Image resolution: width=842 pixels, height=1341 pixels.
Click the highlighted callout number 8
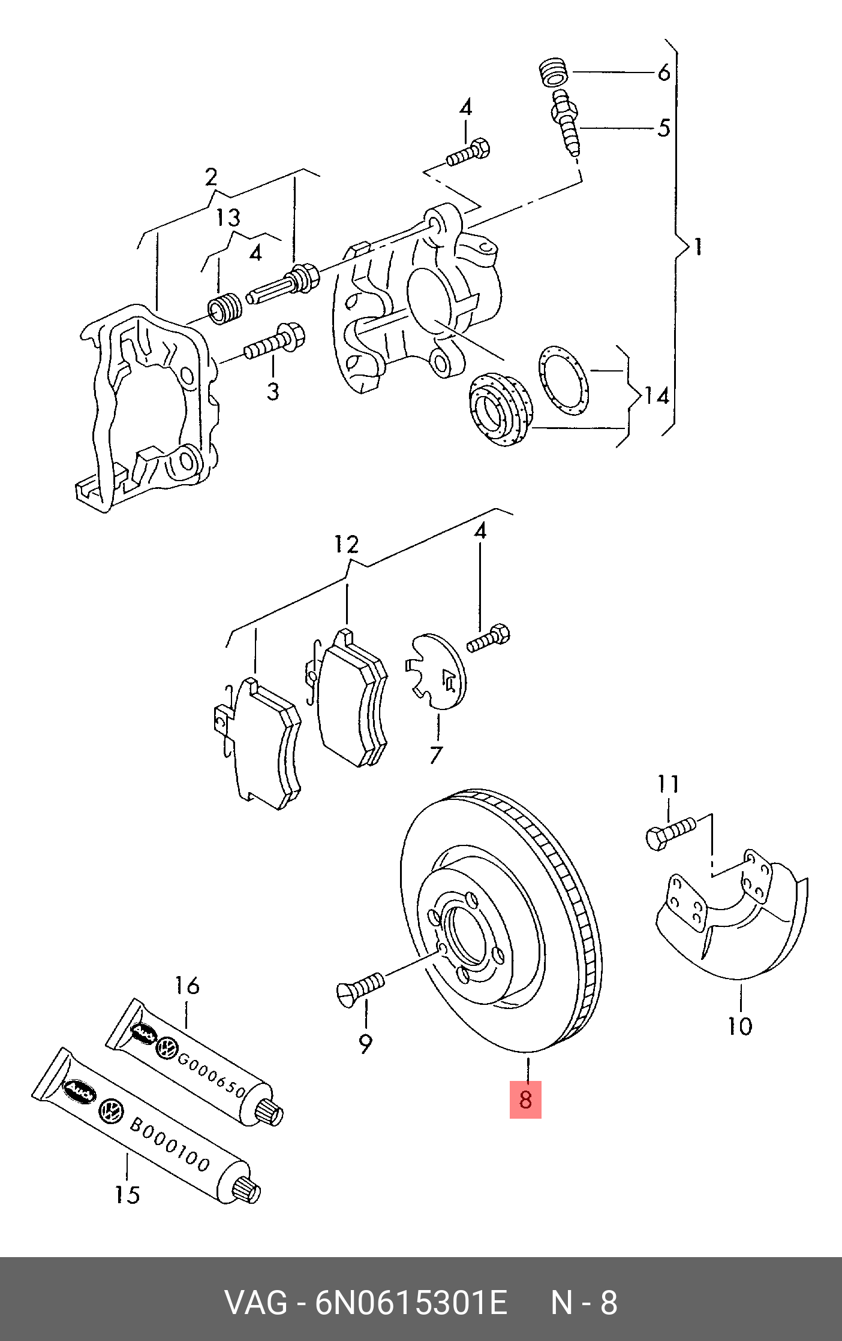point(525,1100)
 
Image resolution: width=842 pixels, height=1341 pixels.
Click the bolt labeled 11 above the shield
point(670,832)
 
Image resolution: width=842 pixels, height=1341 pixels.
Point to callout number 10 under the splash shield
point(739,1026)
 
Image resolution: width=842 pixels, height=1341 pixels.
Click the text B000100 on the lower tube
point(170,1144)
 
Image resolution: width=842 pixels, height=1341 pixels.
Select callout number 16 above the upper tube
point(187,986)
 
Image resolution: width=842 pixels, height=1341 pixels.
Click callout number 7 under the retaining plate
point(436,754)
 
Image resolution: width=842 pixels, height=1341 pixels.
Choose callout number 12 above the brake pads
point(346,544)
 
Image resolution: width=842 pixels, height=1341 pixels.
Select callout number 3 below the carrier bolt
point(273,391)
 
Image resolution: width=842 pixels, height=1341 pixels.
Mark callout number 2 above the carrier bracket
point(210,177)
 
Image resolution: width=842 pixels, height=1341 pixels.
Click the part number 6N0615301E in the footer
point(411,1303)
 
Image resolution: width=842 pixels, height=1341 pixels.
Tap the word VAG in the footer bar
point(255,1303)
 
